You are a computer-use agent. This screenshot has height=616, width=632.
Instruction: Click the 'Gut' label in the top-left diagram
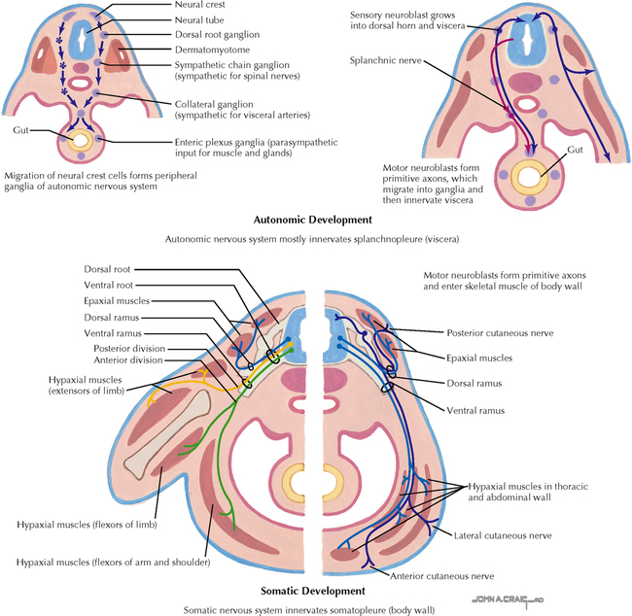pos(21,128)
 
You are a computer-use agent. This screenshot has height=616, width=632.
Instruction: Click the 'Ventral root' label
pos(107,285)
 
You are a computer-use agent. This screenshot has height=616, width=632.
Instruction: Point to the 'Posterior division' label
pos(129,349)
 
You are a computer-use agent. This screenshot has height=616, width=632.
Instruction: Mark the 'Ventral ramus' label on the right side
pos(477,410)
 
